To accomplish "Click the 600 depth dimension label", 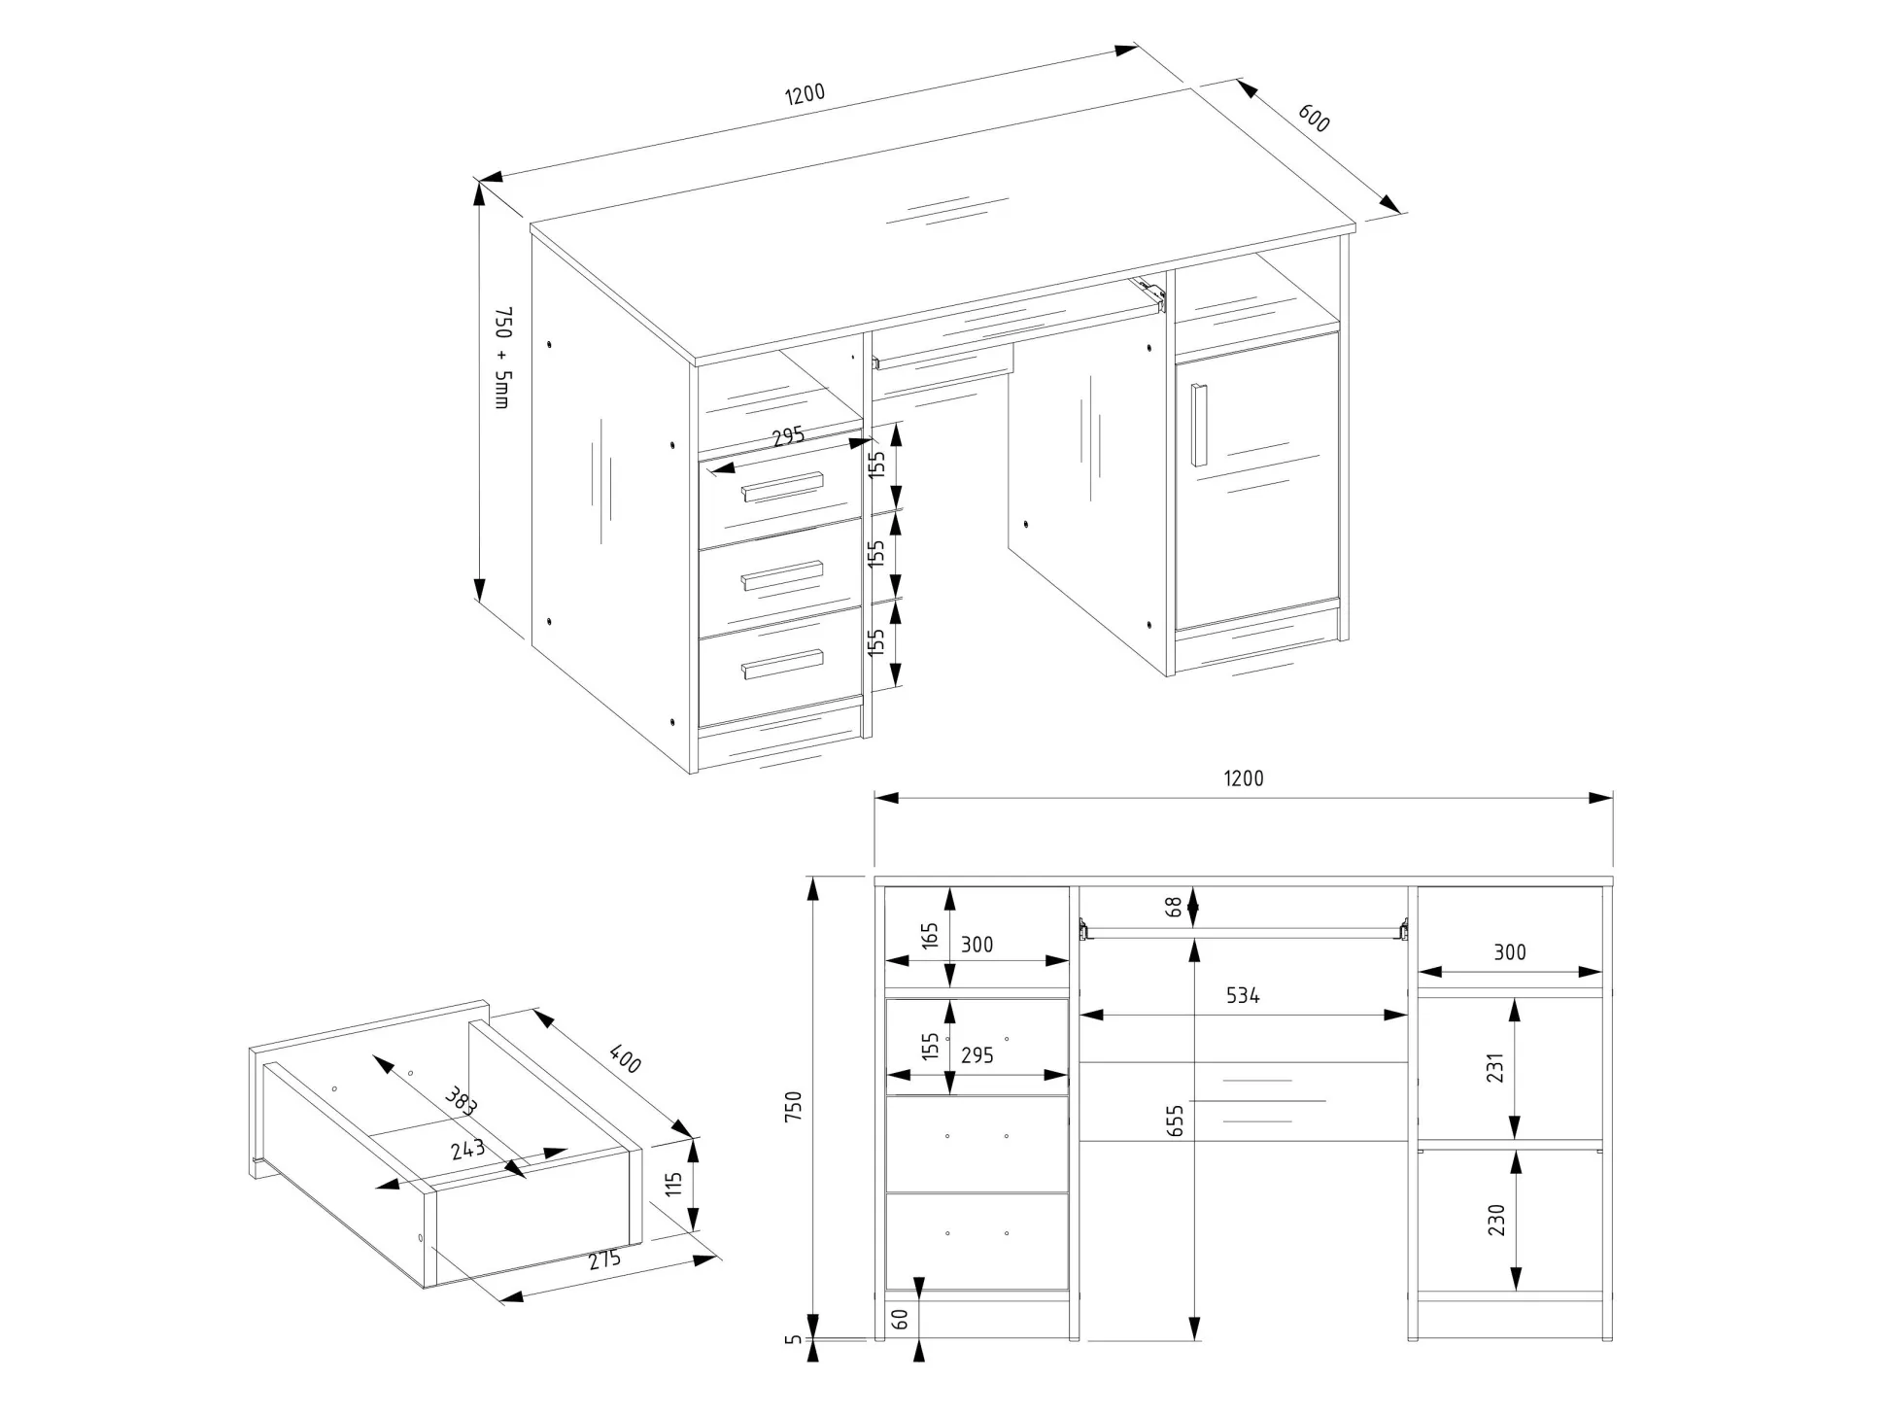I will [1314, 119].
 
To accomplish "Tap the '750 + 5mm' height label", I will [501, 358].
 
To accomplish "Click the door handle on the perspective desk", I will [1200, 425].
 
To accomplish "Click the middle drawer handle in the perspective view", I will [782, 575].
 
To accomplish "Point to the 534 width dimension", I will [1243, 996].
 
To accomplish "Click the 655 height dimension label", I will [1176, 1122].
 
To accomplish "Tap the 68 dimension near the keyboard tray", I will [1175, 908].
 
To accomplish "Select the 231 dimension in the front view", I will [1495, 1068].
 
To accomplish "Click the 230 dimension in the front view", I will [1495, 1220].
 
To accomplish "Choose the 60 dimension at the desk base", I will [900, 1319].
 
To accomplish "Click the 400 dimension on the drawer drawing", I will [625, 1058].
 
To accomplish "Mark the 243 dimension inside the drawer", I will [467, 1150].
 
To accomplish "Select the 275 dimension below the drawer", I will [604, 1260].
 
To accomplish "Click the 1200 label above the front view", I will [1244, 778].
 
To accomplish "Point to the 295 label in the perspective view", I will [788, 435].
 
